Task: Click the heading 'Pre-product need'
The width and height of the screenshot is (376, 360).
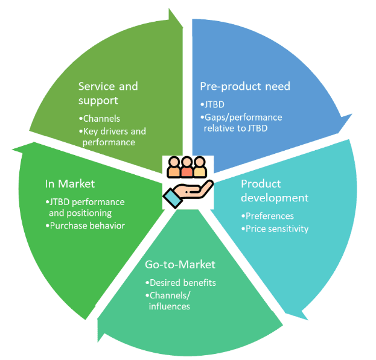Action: (x=245, y=86)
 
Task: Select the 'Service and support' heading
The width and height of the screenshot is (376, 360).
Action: (x=108, y=93)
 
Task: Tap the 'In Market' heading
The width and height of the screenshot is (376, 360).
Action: (x=69, y=183)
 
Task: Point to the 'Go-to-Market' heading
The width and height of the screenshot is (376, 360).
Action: (x=180, y=264)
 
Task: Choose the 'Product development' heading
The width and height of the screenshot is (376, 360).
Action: (x=275, y=191)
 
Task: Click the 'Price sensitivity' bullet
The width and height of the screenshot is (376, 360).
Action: (x=276, y=229)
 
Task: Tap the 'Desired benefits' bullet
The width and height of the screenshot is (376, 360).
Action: (x=182, y=282)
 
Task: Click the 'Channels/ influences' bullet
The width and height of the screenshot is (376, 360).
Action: (x=171, y=300)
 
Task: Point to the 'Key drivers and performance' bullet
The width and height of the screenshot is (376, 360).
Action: (x=113, y=136)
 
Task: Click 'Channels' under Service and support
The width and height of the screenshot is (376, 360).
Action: (x=101, y=118)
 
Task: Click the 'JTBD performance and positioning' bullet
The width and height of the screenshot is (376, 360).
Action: (x=85, y=207)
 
